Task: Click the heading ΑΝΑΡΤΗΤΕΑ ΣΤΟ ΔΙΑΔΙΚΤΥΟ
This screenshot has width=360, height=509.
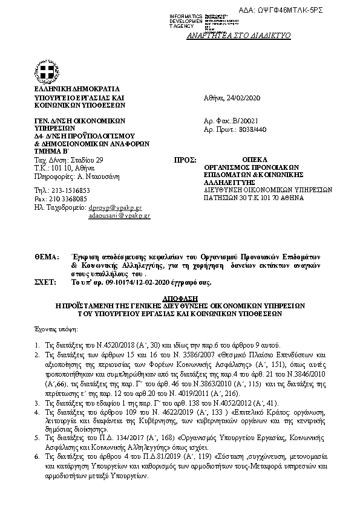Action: tap(248, 36)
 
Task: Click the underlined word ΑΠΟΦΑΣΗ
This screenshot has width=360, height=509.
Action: tap(179, 298)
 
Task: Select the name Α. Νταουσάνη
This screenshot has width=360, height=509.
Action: tap(82, 177)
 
